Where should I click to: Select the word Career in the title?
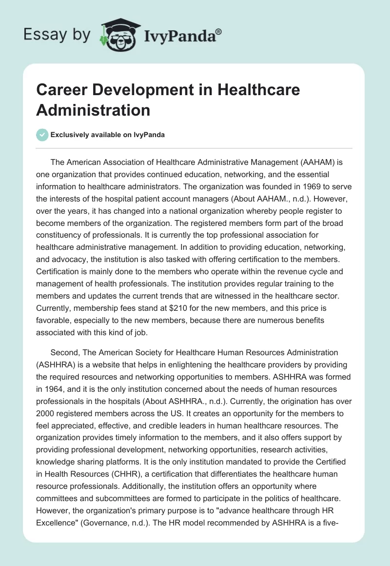58,90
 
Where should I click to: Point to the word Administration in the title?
93,110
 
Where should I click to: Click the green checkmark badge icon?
42,135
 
